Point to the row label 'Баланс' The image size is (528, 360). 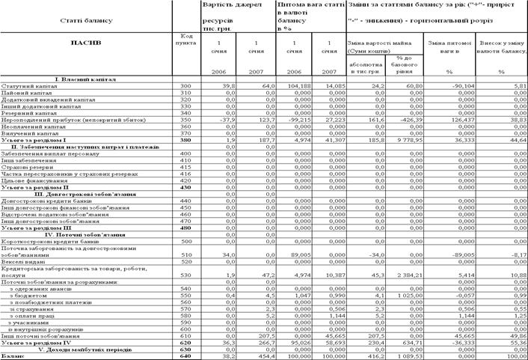click(13, 356)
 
